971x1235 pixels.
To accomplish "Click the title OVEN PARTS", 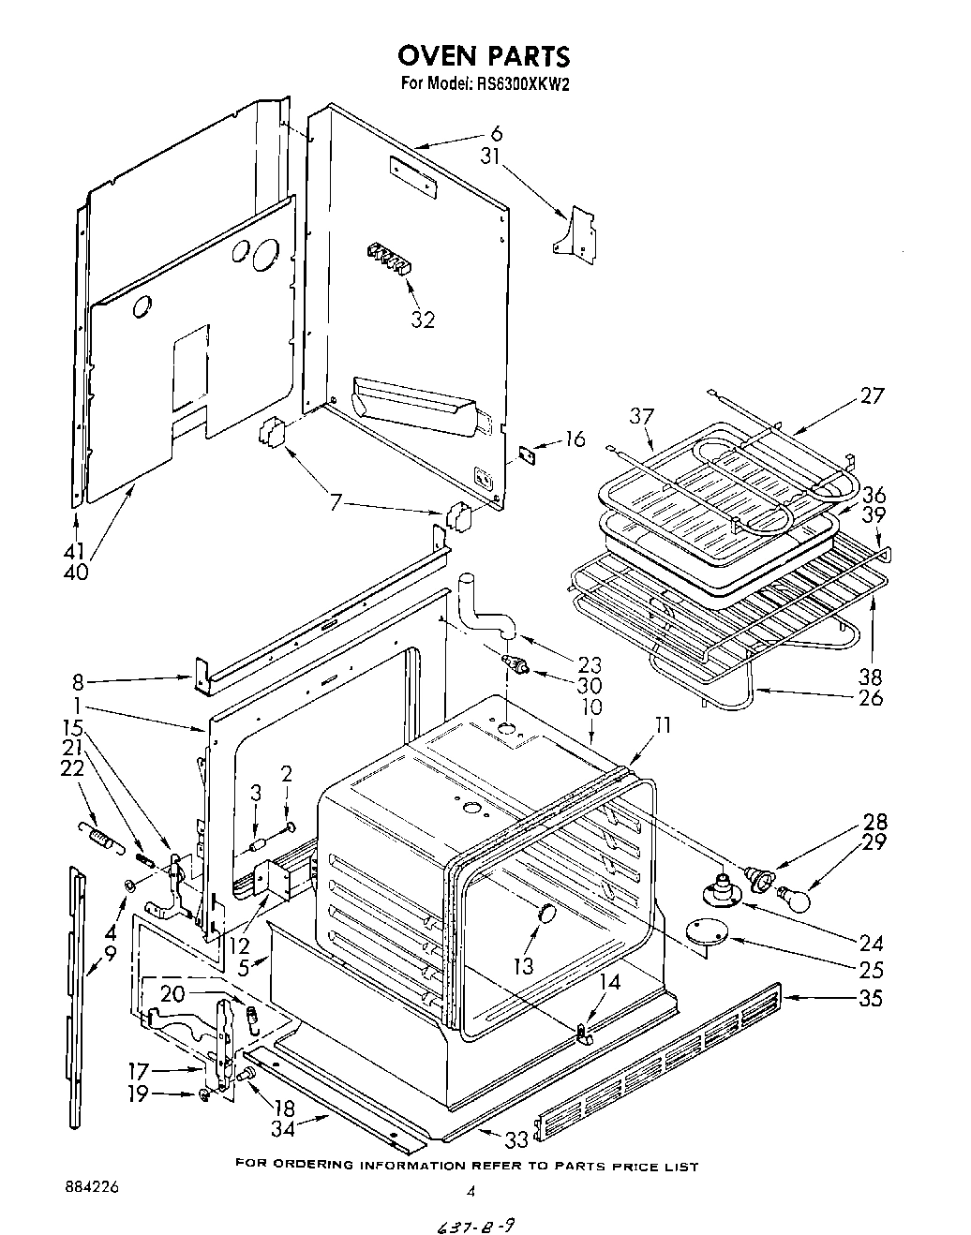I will (x=485, y=55).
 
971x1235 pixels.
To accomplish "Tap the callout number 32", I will (x=423, y=320).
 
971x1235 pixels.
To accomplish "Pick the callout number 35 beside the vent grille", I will (x=870, y=999).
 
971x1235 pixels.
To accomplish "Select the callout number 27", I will (x=871, y=396).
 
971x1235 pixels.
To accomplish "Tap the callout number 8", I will (x=81, y=681).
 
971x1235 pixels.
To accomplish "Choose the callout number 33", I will (x=516, y=1140).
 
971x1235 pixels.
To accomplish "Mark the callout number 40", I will (x=76, y=571).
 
